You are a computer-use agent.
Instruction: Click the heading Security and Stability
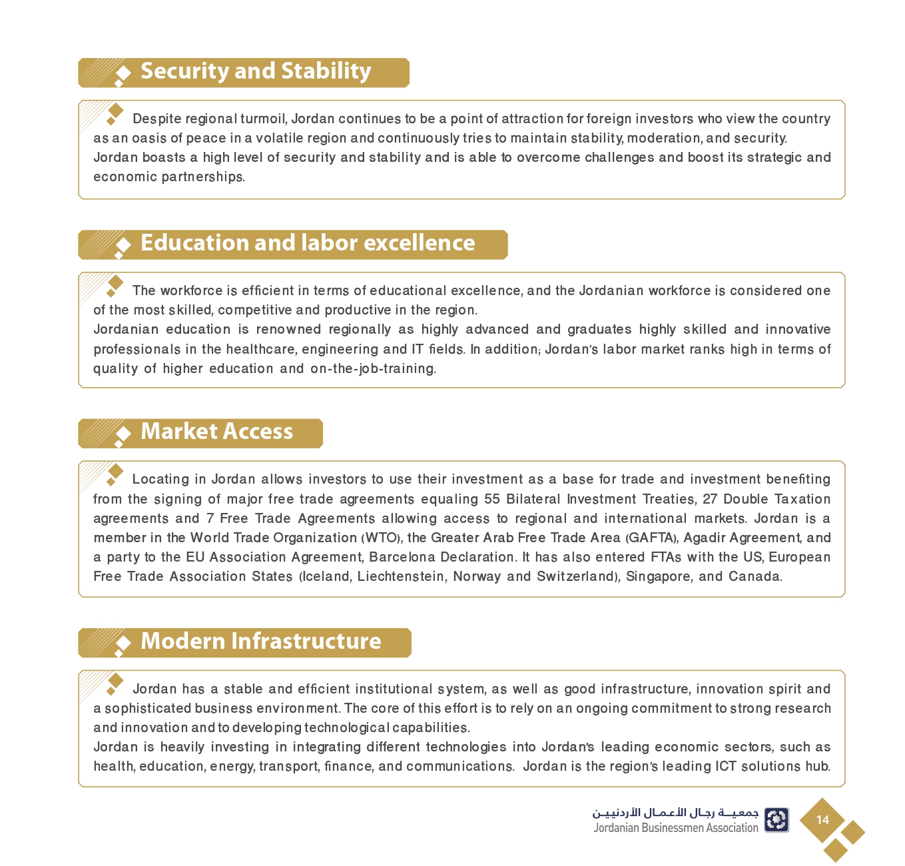[x=256, y=71]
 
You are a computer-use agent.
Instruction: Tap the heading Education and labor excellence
[x=308, y=243]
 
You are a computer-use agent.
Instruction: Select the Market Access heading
[x=216, y=432]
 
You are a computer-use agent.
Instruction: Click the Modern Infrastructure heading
[x=261, y=641]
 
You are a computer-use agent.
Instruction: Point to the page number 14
[x=822, y=820]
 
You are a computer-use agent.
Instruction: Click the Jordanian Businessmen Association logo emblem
[x=776, y=820]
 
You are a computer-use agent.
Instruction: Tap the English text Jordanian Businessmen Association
[x=676, y=828]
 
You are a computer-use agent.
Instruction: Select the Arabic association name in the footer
[x=675, y=813]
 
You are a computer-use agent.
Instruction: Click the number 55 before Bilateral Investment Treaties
[x=492, y=499]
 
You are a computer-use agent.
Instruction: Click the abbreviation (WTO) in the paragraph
[x=382, y=538]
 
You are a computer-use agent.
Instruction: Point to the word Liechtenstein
[x=401, y=576]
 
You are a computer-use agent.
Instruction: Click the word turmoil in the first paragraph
[x=264, y=119]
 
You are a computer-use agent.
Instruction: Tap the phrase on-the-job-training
[x=373, y=368]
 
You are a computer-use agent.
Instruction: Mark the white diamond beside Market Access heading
[x=123, y=434]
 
